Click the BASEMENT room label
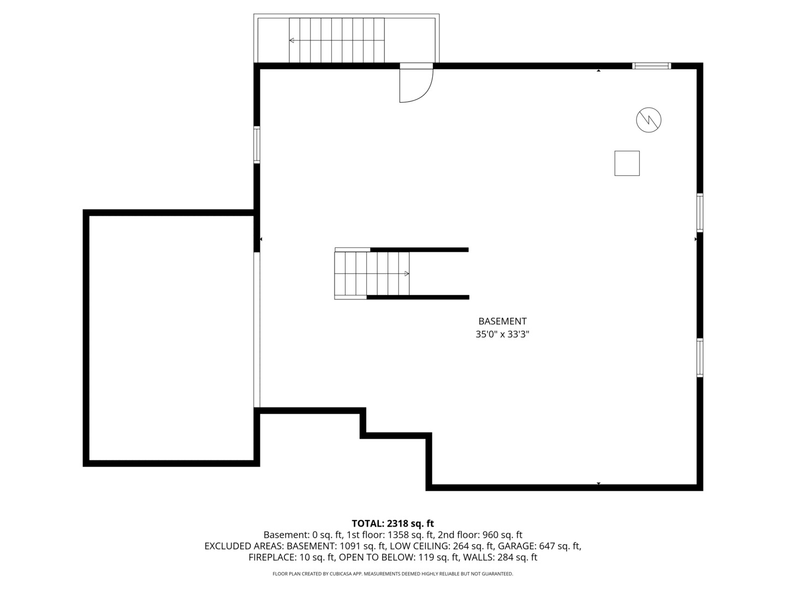(x=502, y=321)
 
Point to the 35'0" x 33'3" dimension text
(x=502, y=334)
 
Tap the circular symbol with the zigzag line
(x=648, y=120)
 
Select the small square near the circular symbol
(x=627, y=163)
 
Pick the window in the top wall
(x=651, y=66)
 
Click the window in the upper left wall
(x=257, y=145)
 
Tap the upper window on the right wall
(x=700, y=213)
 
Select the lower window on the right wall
(x=700, y=357)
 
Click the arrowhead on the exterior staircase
(x=291, y=40)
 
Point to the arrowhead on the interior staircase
(x=407, y=274)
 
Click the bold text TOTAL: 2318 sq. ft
(x=393, y=524)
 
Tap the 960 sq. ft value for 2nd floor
(x=502, y=535)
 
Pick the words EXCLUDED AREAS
(x=243, y=546)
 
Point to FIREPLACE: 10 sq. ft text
(x=291, y=557)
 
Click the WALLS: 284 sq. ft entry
(x=500, y=557)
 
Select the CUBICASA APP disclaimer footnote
(x=393, y=574)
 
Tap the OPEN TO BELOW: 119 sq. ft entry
(x=399, y=557)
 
